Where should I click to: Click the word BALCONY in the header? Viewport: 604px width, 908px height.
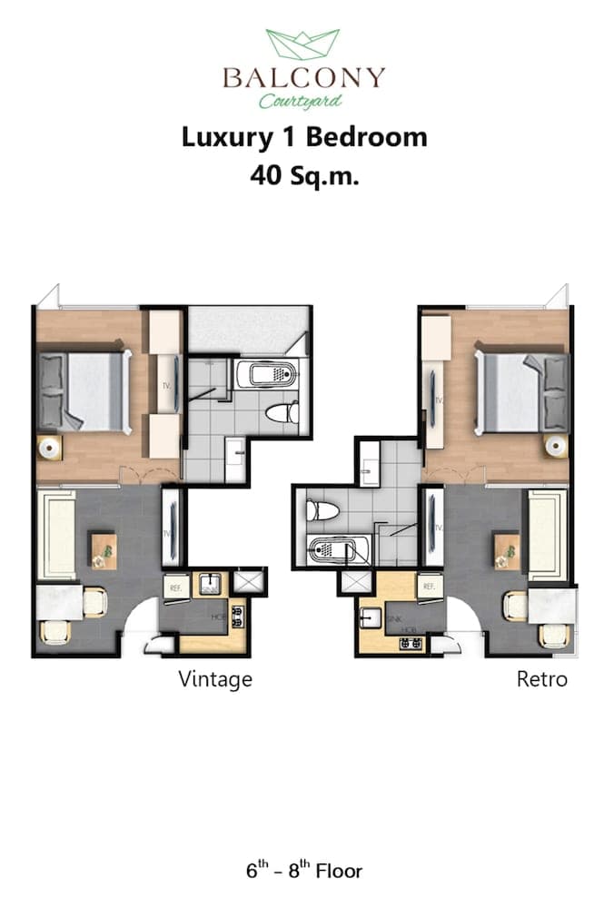pyautogui.click(x=303, y=77)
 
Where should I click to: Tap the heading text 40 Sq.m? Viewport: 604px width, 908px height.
pyautogui.click(x=304, y=175)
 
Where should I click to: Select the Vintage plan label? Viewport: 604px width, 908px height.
pyautogui.click(x=215, y=678)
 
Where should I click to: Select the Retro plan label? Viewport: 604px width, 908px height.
pyautogui.click(x=542, y=678)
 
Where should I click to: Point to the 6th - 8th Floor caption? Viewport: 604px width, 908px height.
pyautogui.click(x=303, y=872)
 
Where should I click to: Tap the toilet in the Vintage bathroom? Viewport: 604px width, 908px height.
pyautogui.click(x=282, y=413)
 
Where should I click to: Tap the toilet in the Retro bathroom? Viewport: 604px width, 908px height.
pyautogui.click(x=322, y=511)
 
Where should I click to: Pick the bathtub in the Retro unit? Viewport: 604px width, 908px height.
pyautogui.click(x=341, y=550)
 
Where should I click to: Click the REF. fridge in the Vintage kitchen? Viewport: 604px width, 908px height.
pyautogui.click(x=175, y=587)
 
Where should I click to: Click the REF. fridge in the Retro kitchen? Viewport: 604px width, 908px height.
pyautogui.click(x=429, y=587)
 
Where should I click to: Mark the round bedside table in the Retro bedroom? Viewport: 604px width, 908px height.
pyautogui.click(x=555, y=445)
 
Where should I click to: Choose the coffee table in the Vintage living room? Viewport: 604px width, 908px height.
pyautogui.click(x=103, y=549)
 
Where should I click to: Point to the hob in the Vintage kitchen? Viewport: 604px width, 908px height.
pyautogui.click(x=239, y=617)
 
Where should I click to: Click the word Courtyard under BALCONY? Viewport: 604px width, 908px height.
pyautogui.click(x=300, y=101)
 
